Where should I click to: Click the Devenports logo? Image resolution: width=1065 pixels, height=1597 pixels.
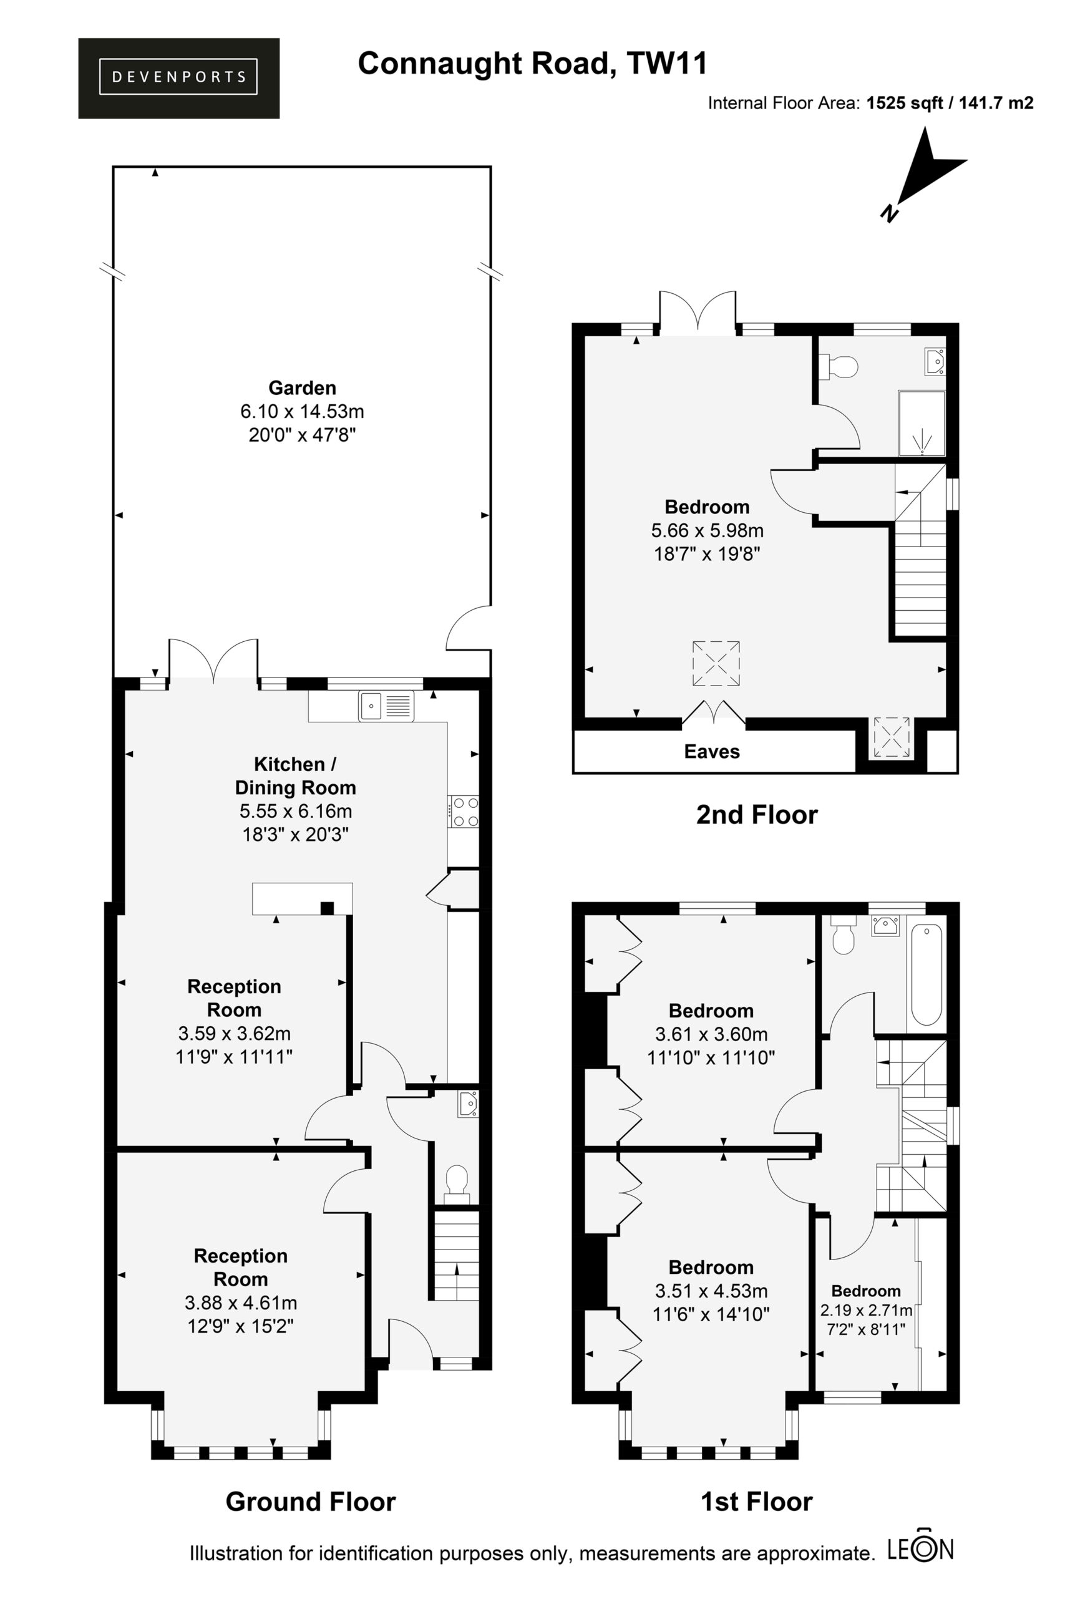tap(178, 78)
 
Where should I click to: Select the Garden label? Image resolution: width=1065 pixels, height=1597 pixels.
tap(302, 387)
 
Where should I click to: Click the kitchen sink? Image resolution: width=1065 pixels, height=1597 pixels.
tap(385, 706)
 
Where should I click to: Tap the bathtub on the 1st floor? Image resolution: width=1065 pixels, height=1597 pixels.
tap(926, 974)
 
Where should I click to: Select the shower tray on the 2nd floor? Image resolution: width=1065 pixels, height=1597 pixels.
tap(922, 422)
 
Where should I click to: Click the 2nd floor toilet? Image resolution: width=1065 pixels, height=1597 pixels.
tap(840, 367)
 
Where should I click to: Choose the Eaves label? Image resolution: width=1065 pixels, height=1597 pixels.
tap(712, 752)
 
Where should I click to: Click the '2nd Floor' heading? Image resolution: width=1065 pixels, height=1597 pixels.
tap(757, 815)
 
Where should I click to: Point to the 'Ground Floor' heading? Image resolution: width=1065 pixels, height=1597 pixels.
tap(311, 1502)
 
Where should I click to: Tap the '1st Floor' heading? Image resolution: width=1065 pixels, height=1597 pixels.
tap(757, 1502)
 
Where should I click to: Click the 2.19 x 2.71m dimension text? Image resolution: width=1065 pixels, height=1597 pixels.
tap(866, 1310)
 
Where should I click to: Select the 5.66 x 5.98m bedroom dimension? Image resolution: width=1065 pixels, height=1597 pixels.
tap(707, 530)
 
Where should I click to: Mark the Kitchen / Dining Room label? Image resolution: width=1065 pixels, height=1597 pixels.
tap(296, 775)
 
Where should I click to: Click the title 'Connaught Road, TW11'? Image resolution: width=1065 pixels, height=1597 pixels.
tap(533, 63)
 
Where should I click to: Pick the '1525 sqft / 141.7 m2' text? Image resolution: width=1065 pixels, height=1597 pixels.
tap(950, 103)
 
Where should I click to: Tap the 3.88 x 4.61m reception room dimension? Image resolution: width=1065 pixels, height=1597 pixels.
tap(240, 1303)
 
